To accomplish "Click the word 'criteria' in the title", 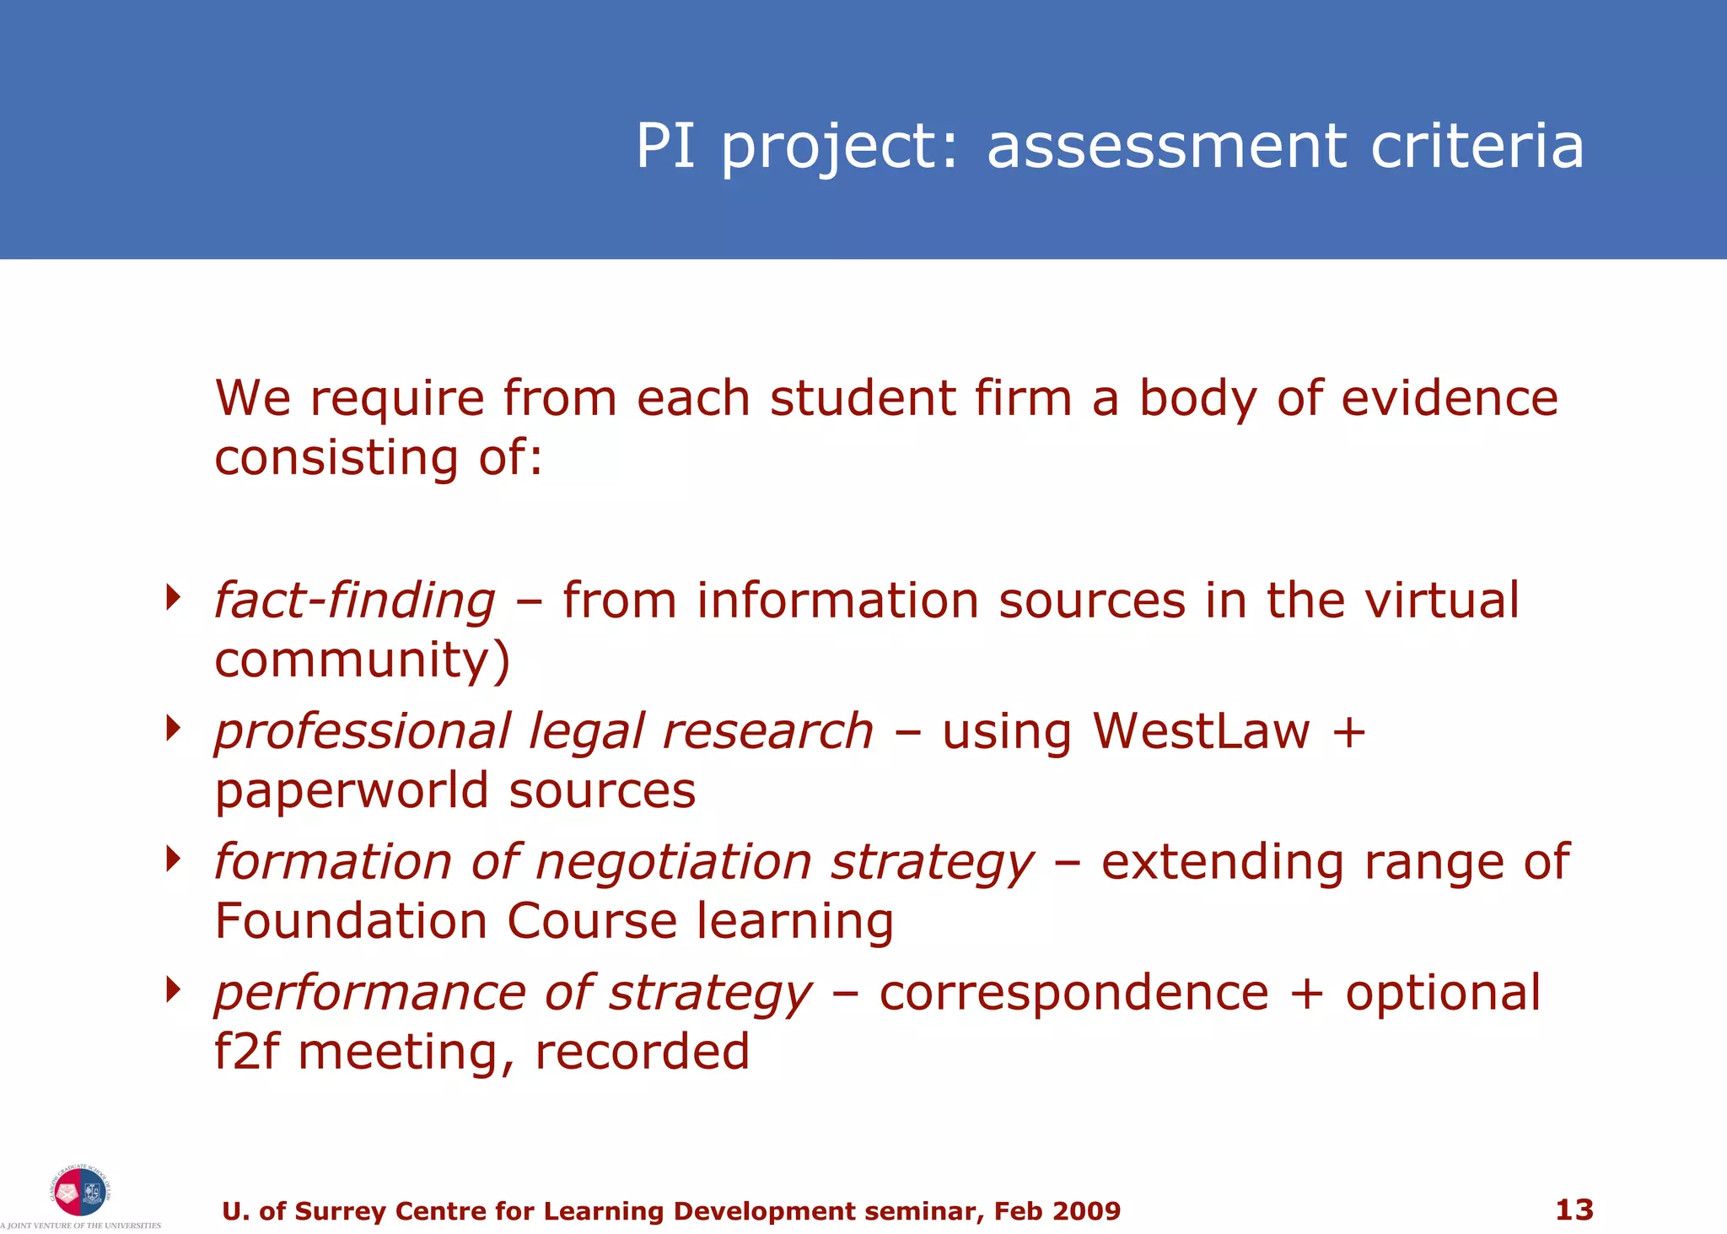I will pos(1477,146).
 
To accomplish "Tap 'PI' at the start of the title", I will pos(665,146).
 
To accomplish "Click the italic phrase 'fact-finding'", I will pos(354,601).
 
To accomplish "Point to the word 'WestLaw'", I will pos(1201,730).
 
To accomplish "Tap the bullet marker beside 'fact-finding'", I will pos(174,597).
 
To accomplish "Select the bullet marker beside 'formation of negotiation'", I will pos(174,859).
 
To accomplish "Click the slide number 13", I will pos(1574,1210).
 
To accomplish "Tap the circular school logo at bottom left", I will pos(80,1191).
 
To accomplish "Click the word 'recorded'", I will pos(642,1052).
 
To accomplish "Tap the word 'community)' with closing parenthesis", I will pos(362,660).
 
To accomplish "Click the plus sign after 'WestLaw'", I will pos(1348,731).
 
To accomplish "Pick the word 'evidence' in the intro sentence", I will pos(1449,398).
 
